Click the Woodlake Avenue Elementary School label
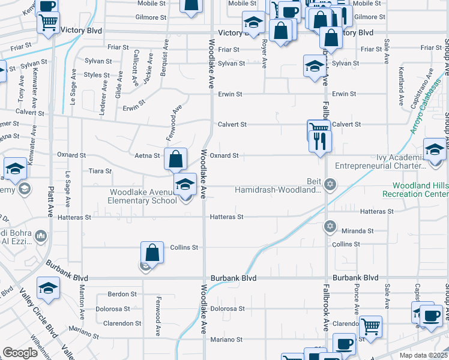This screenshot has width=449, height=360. pos(143,196)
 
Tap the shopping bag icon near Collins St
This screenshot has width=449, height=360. pos(152,253)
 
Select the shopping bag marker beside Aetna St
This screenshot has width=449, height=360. pos(175,160)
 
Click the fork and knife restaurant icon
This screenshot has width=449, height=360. pos(320,141)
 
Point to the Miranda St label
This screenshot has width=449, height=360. pos(357,230)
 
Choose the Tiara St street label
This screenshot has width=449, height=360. pos(100,171)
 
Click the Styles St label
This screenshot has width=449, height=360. pos(97,75)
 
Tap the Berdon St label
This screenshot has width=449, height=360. pos(122,294)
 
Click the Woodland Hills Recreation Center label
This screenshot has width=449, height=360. pos(416,190)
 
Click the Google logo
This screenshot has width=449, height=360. pos(20,353)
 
